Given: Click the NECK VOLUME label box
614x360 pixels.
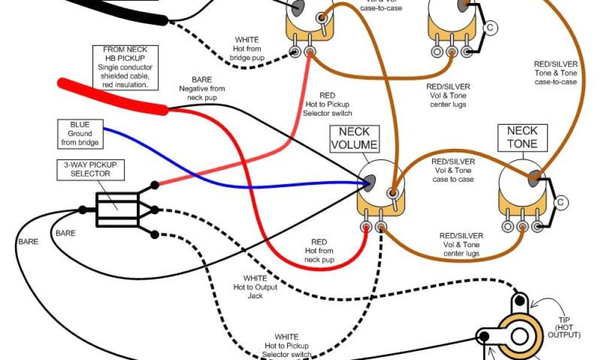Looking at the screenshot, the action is (354, 138).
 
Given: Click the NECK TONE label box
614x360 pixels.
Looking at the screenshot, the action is (522, 137).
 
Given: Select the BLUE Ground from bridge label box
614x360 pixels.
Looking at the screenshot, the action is (80, 134).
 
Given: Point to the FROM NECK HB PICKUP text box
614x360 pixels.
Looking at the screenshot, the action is (125, 67).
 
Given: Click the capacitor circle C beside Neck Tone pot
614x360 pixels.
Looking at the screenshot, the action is (560, 203).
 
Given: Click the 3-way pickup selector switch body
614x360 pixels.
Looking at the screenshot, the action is (117, 209).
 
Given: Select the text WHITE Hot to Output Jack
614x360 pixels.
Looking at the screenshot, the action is (255, 287).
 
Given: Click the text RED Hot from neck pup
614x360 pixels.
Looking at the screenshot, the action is (319, 251).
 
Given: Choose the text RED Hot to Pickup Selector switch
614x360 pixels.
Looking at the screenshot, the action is (327, 104).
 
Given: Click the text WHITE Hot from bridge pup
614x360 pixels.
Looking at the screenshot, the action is (246, 49).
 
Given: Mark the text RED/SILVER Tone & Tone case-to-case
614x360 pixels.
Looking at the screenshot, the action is (556, 73).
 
